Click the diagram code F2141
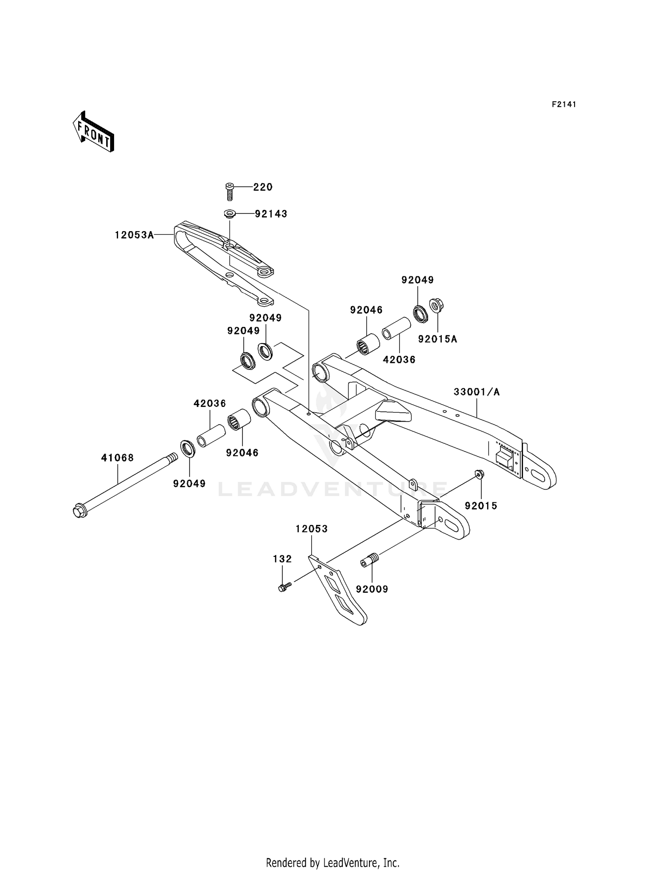pos(564,104)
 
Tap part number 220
pos(263,187)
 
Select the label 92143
pos(271,214)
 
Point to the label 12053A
pos(134,235)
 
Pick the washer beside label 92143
pos(229,215)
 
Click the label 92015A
pos(437,339)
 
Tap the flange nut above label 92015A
pos(436,306)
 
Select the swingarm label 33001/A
pos(476,392)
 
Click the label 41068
pos(117,458)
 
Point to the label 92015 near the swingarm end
pos(481,506)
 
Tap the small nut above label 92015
pos(479,474)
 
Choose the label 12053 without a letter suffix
pos(312,529)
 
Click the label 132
pos(282,559)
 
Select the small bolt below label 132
pos(284,588)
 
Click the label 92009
pos(372,589)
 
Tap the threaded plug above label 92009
pos(369,560)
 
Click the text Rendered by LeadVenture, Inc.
pos(333,863)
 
